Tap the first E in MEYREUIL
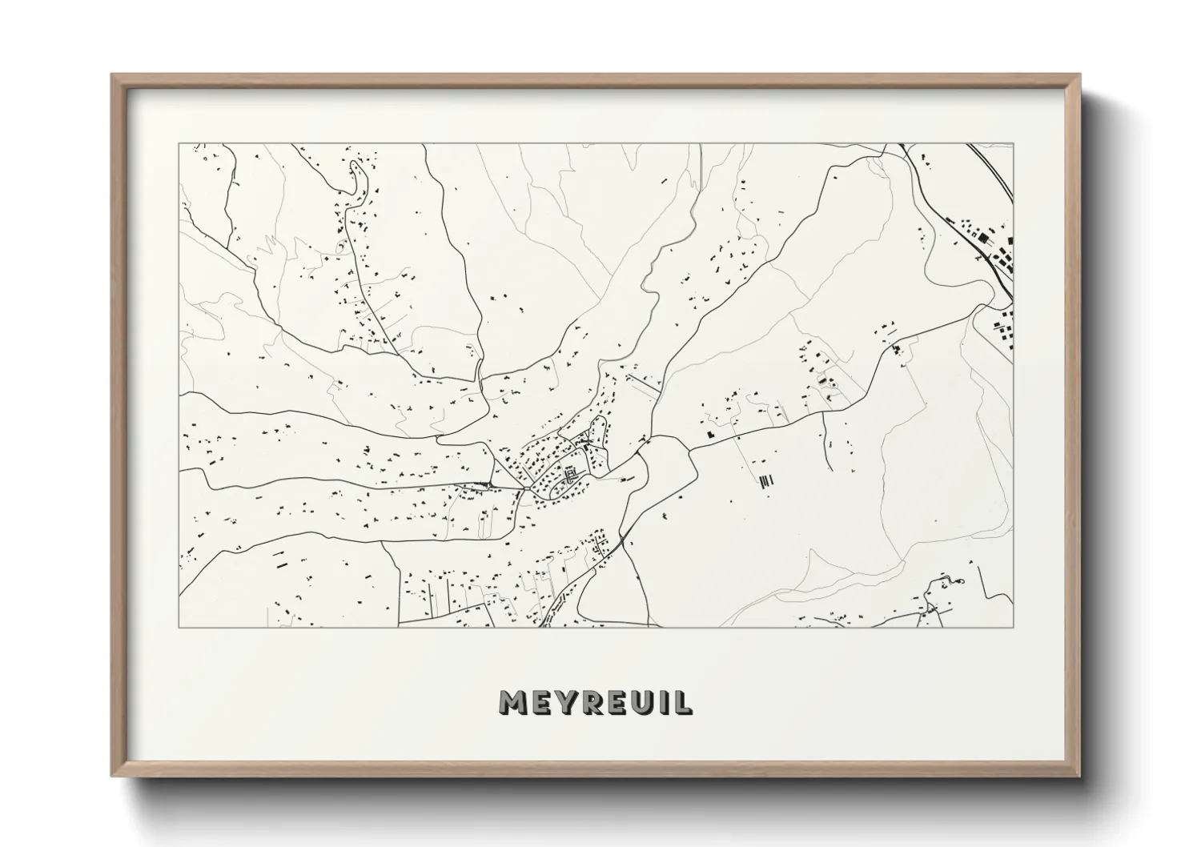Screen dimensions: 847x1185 tap(542, 703)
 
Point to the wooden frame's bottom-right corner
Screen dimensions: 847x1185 tap(1080, 776)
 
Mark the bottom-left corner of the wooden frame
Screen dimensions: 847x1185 tap(112, 776)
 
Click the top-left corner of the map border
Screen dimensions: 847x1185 tap(179, 144)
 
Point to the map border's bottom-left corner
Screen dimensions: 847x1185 tap(179, 627)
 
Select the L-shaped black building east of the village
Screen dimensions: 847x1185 tap(710, 432)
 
